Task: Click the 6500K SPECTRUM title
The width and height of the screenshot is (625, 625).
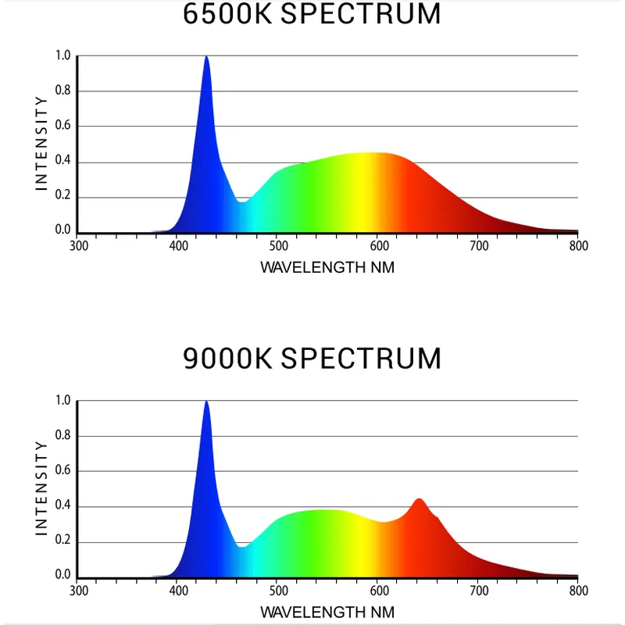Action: point(312,14)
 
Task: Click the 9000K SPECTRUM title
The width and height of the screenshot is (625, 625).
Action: point(312,359)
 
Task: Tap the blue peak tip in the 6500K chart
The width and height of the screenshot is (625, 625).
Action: point(206,57)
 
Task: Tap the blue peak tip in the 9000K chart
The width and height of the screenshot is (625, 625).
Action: point(206,402)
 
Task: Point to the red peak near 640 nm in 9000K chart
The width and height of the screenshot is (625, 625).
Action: point(420,500)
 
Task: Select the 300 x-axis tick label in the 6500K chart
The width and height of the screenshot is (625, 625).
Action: point(79,245)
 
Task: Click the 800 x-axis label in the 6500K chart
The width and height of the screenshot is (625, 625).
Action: point(578,245)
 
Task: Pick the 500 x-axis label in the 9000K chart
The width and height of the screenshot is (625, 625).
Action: point(278,591)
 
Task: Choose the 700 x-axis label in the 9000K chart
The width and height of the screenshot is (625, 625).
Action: point(479,591)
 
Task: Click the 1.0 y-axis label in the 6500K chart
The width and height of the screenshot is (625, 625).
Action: point(62,55)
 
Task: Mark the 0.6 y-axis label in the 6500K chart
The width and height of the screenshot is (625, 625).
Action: point(62,127)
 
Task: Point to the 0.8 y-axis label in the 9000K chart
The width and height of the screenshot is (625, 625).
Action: point(62,436)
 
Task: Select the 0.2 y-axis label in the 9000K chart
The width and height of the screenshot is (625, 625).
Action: point(62,541)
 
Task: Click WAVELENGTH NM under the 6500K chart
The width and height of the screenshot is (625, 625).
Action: point(327,267)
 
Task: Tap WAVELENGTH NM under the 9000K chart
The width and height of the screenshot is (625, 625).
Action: point(327,612)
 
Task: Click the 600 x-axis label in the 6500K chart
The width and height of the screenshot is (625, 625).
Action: point(378,245)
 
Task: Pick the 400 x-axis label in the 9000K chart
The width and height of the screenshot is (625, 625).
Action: point(178,591)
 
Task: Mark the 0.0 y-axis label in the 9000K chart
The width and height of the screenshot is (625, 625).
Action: point(62,576)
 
